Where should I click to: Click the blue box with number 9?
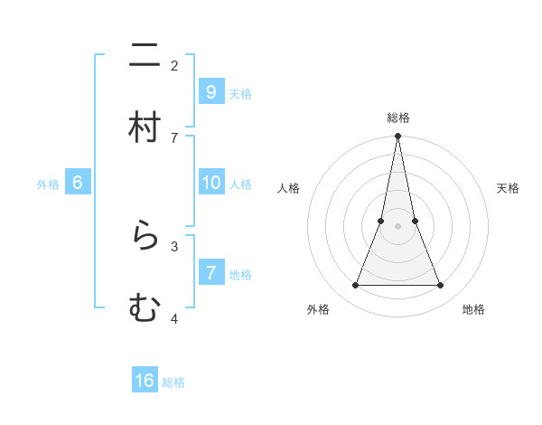click(x=210, y=91)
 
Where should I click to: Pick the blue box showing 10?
click(x=210, y=183)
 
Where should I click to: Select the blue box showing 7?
click(x=210, y=273)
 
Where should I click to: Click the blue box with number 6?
click(x=78, y=183)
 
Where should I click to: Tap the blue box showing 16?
click(x=145, y=381)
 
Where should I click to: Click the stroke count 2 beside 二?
click(x=174, y=65)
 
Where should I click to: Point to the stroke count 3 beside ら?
click(x=174, y=246)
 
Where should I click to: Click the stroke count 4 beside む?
click(x=174, y=318)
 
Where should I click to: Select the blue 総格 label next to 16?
click(x=173, y=382)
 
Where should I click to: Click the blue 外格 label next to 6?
click(x=48, y=184)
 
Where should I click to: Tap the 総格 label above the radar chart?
click(x=397, y=118)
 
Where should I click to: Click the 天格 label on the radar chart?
click(x=508, y=188)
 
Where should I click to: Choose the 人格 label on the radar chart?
click(x=288, y=188)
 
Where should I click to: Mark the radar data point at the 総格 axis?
click(x=397, y=137)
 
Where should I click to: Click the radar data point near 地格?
click(x=440, y=286)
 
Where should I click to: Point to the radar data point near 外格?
click(x=355, y=286)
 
